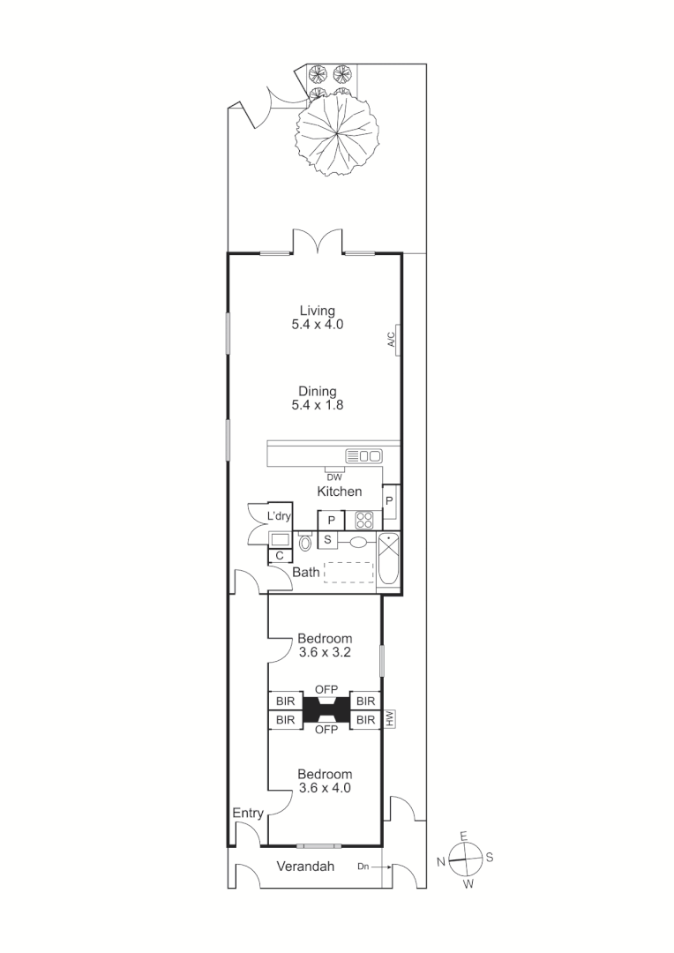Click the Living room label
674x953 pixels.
317,311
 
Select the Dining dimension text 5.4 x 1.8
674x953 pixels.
317,406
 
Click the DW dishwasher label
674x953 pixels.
334,477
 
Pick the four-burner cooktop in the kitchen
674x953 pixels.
363,520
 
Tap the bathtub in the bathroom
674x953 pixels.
388,562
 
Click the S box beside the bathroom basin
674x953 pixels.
327,540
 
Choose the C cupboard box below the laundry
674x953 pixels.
280,556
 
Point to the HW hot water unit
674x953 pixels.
388,720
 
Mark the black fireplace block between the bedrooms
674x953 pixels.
326,710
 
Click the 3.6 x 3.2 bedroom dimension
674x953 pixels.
324,653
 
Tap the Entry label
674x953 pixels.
247,813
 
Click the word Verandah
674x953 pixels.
306,867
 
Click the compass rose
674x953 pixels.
465,856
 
